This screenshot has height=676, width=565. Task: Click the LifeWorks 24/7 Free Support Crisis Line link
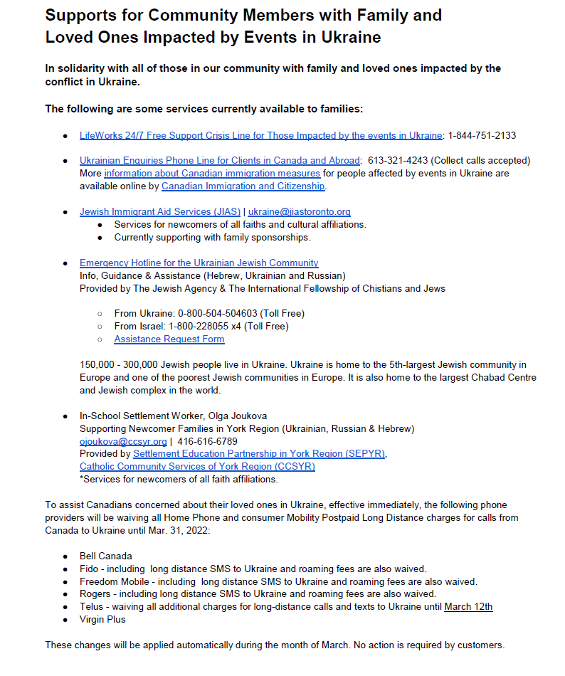tap(260, 135)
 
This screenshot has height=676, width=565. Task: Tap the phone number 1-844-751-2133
tap(482, 135)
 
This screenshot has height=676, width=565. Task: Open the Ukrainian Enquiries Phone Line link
tap(220, 160)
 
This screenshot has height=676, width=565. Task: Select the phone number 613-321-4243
tap(396, 160)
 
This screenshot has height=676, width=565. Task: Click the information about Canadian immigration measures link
tap(212, 173)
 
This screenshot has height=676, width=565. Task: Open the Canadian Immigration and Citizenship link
tap(243, 186)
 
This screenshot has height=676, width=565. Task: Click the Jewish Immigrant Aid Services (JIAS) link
tap(160, 211)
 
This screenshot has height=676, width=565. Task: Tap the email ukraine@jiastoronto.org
tap(299, 211)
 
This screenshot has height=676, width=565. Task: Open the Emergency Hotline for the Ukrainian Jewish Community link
tap(199, 263)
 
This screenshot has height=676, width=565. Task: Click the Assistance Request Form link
tap(169, 339)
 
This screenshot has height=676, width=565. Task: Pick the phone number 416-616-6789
tap(203, 441)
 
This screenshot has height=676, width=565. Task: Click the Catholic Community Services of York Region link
tap(197, 466)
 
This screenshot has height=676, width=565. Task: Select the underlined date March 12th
tap(468, 606)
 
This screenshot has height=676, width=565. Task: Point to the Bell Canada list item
tap(106, 555)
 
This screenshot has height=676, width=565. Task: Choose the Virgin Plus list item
tap(102, 619)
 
